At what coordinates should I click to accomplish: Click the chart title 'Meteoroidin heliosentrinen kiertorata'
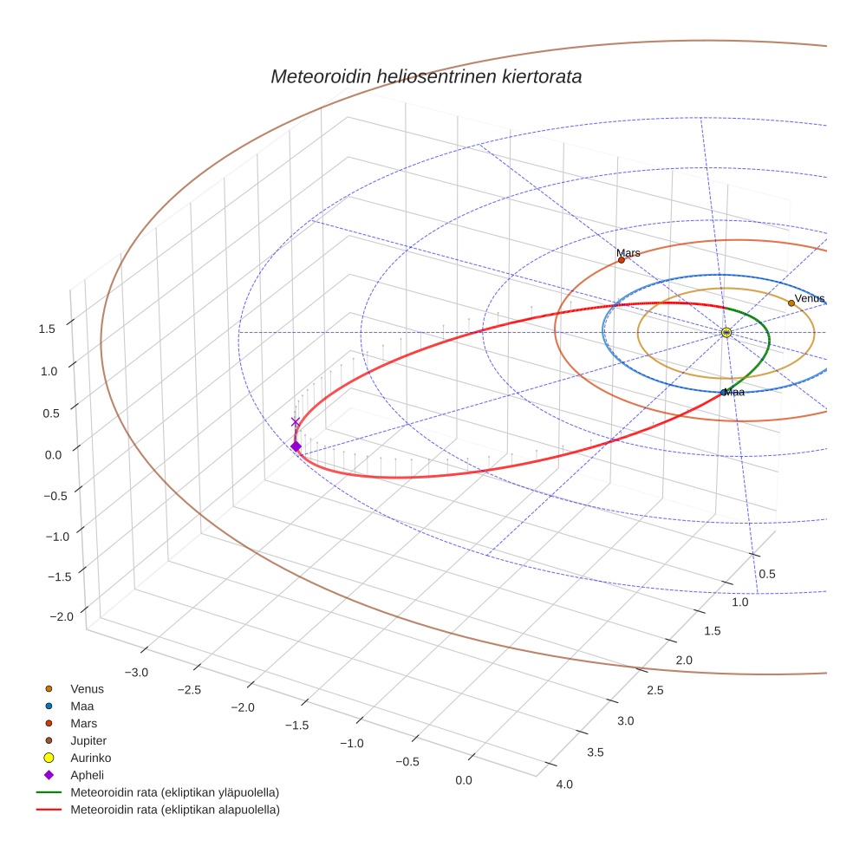pyautogui.click(x=426, y=76)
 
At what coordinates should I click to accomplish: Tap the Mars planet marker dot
pyautogui.click(x=622, y=260)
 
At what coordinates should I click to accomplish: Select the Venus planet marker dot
pyautogui.click(x=791, y=303)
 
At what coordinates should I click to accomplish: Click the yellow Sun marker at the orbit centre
pyautogui.click(x=726, y=333)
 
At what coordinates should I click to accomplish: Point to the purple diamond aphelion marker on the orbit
pyautogui.click(x=296, y=446)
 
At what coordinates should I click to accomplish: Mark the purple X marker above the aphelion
pyautogui.click(x=296, y=422)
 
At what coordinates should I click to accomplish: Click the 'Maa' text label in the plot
pyautogui.click(x=734, y=393)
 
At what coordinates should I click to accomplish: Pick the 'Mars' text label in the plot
pyautogui.click(x=628, y=252)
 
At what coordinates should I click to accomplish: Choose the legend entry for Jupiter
pyautogui.click(x=88, y=740)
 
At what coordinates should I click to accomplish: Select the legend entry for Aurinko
pyautogui.click(x=90, y=758)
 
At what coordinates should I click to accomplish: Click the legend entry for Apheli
pyautogui.click(x=87, y=775)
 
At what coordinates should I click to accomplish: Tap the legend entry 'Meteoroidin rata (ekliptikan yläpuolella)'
pyautogui.click(x=174, y=792)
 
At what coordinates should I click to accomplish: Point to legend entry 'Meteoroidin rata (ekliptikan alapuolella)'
pyautogui.click(x=174, y=810)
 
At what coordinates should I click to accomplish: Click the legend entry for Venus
pyautogui.click(x=87, y=688)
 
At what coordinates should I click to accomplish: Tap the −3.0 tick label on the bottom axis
pyautogui.click(x=137, y=673)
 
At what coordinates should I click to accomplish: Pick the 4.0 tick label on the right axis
pyautogui.click(x=564, y=785)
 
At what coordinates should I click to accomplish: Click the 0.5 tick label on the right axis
pyautogui.click(x=767, y=574)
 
